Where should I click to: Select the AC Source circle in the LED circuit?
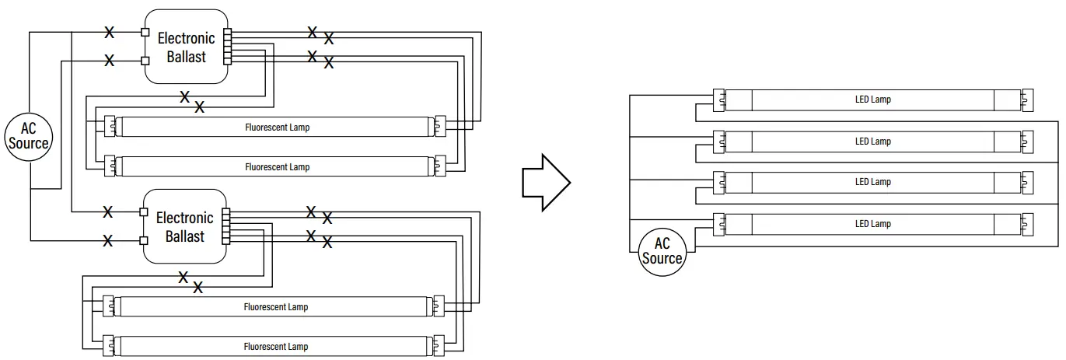tap(662, 251)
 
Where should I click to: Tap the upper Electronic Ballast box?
tap(186, 47)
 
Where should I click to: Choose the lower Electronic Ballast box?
tap(184, 227)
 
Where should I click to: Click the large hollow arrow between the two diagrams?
tap(545, 182)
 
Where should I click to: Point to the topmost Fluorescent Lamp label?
tap(277, 127)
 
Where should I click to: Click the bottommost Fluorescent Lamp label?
tap(276, 346)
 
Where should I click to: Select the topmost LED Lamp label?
tap(872, 100)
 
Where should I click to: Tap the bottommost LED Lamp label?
tap(872, 224)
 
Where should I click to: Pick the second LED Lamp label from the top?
tap(872, 142)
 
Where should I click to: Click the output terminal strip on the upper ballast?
tap(227, 46)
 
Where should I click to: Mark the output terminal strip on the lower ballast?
tap(226, 226)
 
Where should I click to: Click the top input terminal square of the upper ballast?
tap(145, 33)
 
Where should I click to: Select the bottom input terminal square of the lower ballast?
tap(144, 239)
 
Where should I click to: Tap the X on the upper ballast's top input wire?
tap(110, 33)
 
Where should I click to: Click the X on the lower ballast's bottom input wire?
tap(108, 241)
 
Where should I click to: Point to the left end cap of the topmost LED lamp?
tap(719, 100)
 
